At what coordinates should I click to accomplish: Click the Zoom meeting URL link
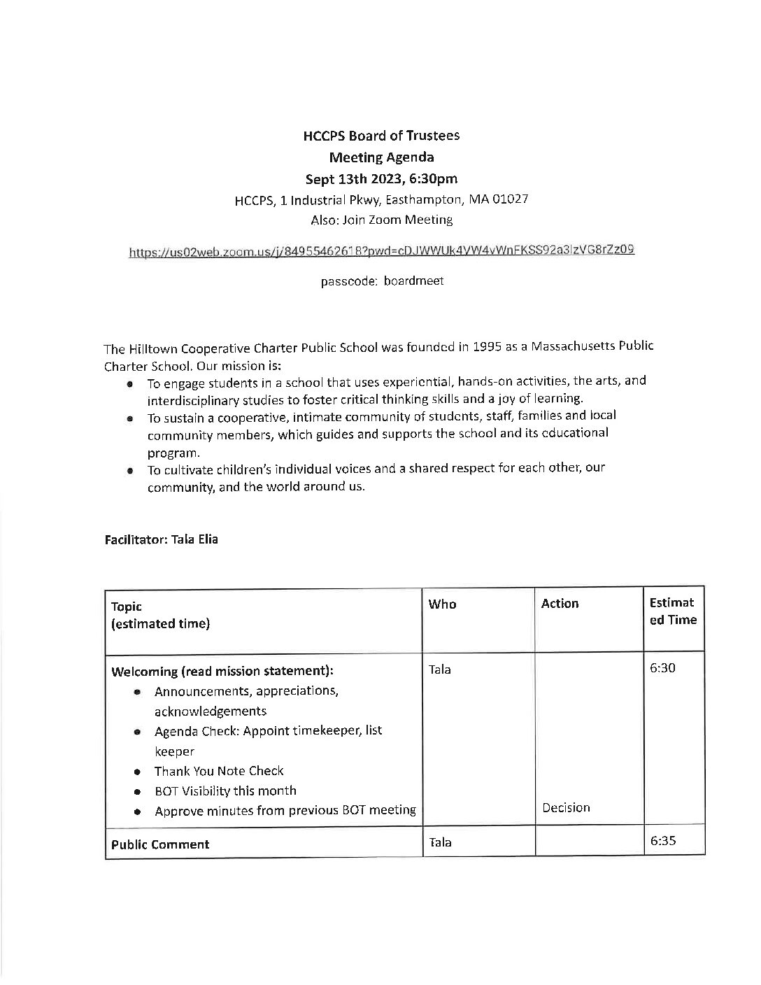(381, 250)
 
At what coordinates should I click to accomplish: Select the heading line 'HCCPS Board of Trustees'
(381, 136)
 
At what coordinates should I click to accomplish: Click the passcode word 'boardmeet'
(413, 281)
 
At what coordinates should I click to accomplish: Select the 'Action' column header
(560, 604)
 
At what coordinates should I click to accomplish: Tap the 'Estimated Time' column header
(672, 611)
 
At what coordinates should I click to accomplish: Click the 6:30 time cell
(662, 668)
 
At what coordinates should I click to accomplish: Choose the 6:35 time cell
(662, 842)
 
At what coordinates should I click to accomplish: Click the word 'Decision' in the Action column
(566, 808)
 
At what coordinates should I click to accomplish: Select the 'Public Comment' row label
(160, 844)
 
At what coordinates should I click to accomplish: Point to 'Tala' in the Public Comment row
(440, 843)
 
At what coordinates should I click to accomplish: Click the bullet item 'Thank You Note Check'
(218, 771)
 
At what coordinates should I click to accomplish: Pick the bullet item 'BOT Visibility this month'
(225, 791)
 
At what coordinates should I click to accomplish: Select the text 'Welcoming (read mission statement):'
(222, 672)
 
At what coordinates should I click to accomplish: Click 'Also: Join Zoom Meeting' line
(381, 220)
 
